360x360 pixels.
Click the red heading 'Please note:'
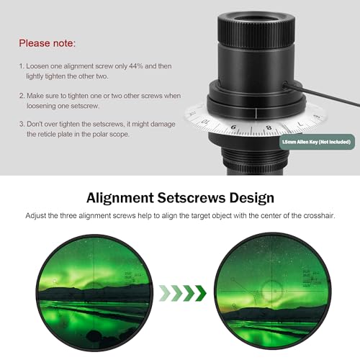pos(49,43)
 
